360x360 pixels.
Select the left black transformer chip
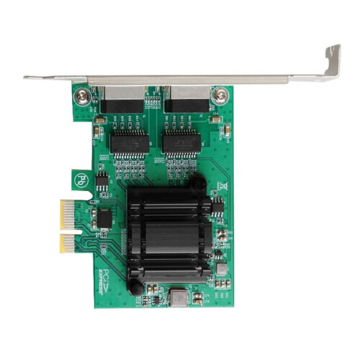click(x=130, y=143)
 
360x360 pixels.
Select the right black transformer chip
click(x=181, y=143)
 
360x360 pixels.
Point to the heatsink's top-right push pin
click(x=197, y=184)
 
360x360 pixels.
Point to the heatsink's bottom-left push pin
click(x=133, y=287)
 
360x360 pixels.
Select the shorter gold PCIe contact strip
click(x=67, y=243)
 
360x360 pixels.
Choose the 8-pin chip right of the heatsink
click(x=217, y=207)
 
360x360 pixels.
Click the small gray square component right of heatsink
click(x=222, y=268)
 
